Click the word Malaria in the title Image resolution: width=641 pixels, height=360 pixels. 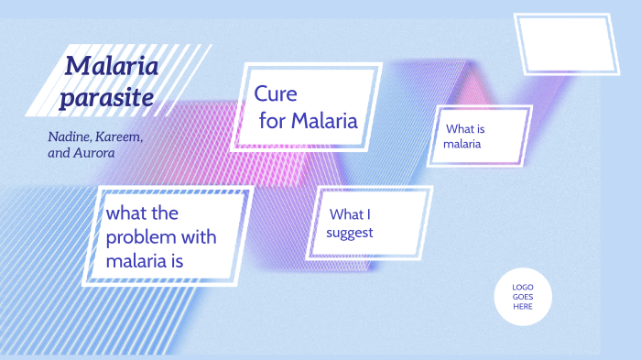[x=112, y=66]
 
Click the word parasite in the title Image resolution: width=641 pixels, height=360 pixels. [x=106, y=95]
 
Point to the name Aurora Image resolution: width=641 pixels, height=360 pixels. [x=95, y=153]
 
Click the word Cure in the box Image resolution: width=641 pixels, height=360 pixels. [x=276, y=93]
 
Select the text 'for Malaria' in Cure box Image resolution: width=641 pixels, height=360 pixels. [x=308, y=121]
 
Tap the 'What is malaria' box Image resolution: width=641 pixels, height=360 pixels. [x=479, y=136]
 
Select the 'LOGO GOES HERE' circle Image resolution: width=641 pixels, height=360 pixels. [x=523, y=297]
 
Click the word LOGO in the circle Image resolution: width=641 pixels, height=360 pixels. [x=523, y=287]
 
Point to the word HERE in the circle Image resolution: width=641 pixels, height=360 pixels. [x=523, y=307]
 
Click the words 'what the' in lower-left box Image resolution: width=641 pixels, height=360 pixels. [x=142, y=213]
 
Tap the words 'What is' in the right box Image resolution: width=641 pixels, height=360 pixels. [x=465, y=128]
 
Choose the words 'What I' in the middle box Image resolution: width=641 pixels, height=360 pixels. [x=349, y=214]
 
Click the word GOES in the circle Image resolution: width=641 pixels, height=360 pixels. [x=523, y=297]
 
